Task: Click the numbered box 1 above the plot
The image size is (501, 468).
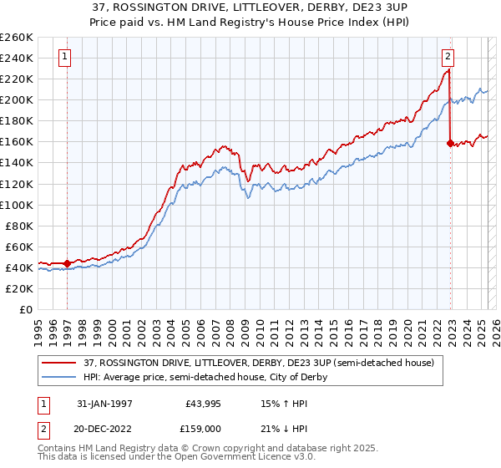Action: point(64,57)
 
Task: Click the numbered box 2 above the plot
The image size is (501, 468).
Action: point(448,57)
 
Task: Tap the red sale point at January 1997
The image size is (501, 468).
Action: point(67,263)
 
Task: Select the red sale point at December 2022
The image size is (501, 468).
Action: point(450,143)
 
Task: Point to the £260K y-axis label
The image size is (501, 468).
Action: point(16,38)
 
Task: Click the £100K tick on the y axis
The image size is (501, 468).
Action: point(16,205)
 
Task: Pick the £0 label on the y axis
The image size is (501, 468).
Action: point(26,309)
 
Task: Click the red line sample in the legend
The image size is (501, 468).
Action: point(59,364)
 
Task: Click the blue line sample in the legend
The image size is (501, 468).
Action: point(59,377)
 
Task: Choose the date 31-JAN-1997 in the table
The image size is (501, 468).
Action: point(104,403)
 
